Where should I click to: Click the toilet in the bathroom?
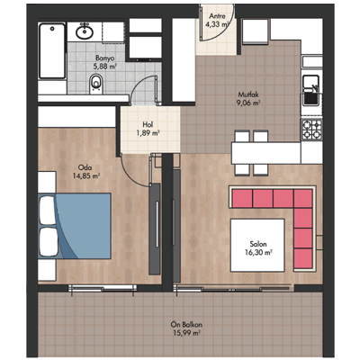tap(96, 84)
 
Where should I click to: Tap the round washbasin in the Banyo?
tap(85, 32)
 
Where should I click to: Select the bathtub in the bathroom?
tap(52, 51)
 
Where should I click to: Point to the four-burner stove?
tap(311, 129)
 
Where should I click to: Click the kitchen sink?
tap(310, 90)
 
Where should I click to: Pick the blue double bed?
tap(75, 226)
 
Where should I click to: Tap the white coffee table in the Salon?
tap(257, 246)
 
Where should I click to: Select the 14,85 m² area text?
tap(86, 175)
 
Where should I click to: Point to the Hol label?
tap(148, 124)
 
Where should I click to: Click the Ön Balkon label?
tap(186, 324)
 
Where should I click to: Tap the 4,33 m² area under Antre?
tap(217, 24)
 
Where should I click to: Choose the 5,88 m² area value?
tap(104, 67)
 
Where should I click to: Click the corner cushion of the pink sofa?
tap(303, 198)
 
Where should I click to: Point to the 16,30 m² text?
tap(258, 252)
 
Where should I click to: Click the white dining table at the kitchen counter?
tap(265, 153)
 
